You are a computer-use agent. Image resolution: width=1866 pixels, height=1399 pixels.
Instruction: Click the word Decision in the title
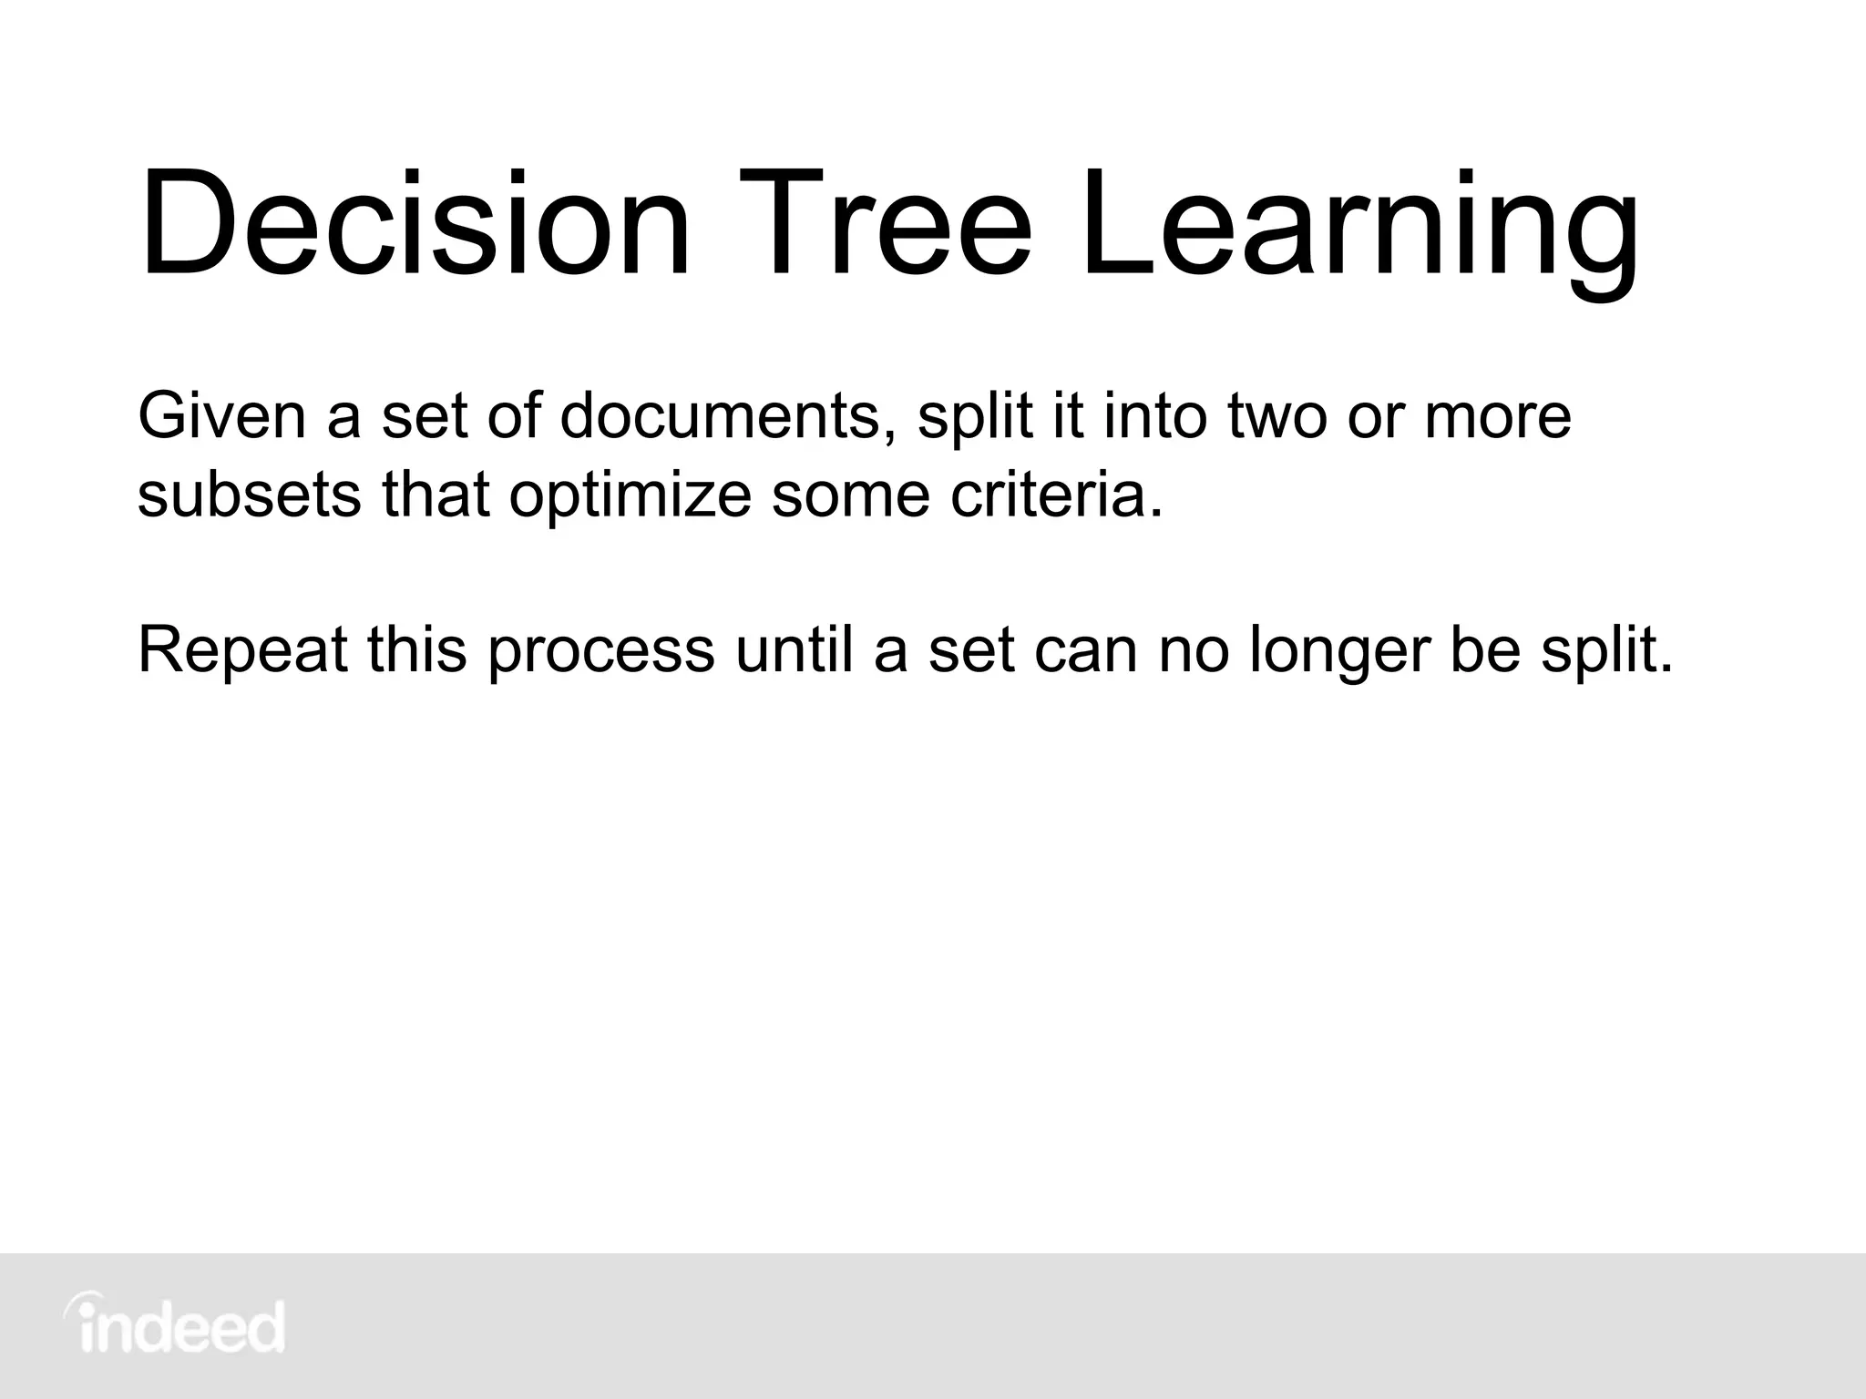coord(415,223)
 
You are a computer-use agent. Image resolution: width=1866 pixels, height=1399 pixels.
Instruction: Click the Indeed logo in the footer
coord(174,1325)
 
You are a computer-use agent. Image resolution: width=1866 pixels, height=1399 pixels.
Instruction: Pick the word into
coord(1154,415)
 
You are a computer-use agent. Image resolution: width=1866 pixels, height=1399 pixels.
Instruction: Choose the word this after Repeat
coord(416,649)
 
